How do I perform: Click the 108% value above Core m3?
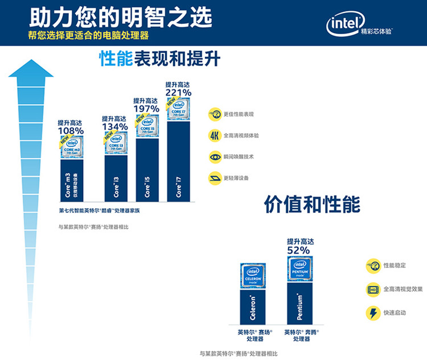(x=71, y=131)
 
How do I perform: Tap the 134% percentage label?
(x=114, y=126)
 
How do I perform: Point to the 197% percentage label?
(x=146, y=108)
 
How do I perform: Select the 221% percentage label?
(x=178, y=92)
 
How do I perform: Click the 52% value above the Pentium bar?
(x=298, y=250)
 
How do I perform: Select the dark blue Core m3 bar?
(x=71, y=180)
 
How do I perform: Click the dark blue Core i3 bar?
(x=116, y=178)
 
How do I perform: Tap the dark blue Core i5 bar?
(x=147, y=170)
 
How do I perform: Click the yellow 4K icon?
(x=214, y=135)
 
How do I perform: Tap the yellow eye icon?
(x=215, y=156)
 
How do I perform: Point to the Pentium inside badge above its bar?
(x=299, y=268)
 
